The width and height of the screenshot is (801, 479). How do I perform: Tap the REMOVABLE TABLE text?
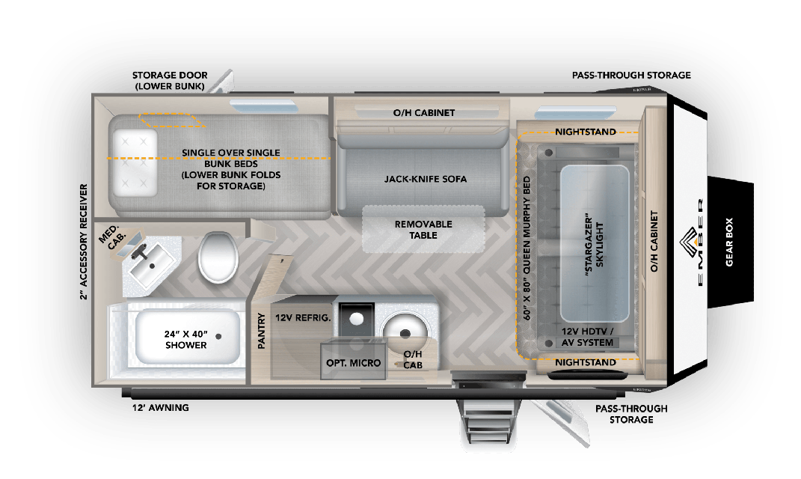coord(423,230)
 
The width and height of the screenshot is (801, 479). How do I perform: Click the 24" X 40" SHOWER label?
coord(186,339)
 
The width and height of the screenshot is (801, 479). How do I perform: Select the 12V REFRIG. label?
coord(303,318)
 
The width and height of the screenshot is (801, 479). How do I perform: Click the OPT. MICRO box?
coord(354,363)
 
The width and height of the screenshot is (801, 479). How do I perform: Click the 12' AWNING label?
coord(160,408)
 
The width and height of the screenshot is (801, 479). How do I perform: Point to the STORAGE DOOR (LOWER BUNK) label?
coord(170,81)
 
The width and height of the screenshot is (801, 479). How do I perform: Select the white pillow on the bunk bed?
coord(134,161)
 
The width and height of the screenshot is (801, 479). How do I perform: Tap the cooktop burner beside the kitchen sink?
coord(357,318)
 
